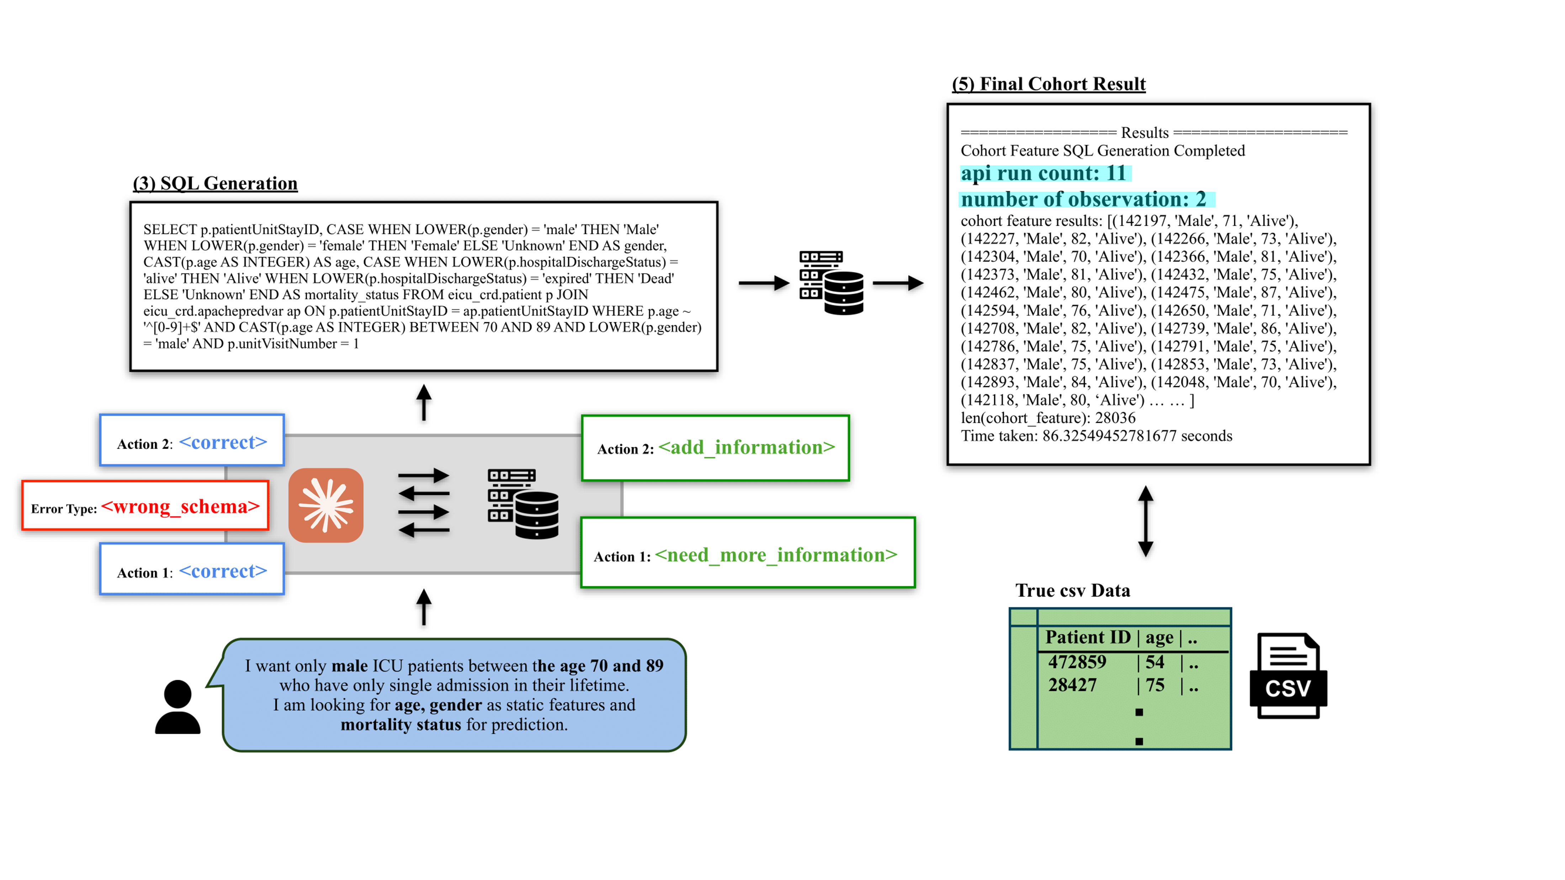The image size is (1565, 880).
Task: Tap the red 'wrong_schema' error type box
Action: click(145, 506)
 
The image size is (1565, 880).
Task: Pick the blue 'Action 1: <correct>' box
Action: click(192, 570)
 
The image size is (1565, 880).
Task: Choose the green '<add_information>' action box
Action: click(715, 448)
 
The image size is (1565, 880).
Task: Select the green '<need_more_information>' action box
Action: click(747, 553)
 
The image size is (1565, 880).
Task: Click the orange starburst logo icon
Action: click(326, 505)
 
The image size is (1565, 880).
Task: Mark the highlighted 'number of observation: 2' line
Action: click(1084, 199)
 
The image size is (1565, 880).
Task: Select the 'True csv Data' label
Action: click(1072, 590)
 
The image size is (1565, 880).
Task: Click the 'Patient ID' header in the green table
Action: click(1087, 637)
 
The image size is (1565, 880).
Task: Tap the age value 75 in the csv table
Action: click(1154, 685)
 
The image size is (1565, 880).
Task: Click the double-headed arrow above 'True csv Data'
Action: click(1145, 521)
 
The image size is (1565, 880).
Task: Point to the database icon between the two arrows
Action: click(831, 283)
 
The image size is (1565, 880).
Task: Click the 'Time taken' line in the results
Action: click(1096, 436)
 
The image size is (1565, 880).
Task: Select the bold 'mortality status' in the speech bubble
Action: click(400, 725)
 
